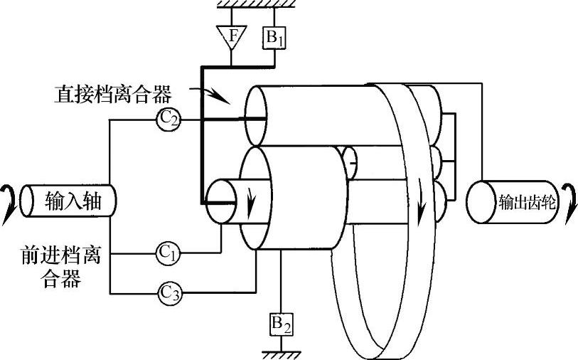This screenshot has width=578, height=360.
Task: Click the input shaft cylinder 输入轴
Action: [68, 201]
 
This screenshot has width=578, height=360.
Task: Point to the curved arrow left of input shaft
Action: [9, 201]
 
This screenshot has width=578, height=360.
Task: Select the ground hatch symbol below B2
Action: [282, 351]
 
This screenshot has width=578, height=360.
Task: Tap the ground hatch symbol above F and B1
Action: [246, 5]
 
